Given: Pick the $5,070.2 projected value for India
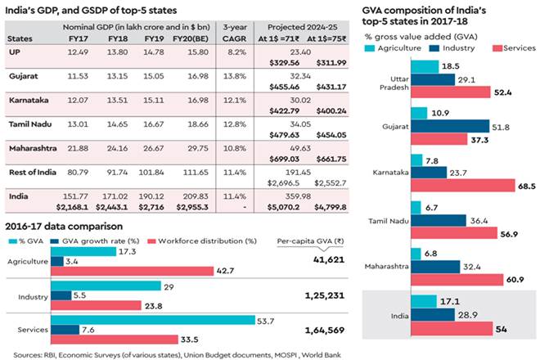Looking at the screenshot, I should point(280,208).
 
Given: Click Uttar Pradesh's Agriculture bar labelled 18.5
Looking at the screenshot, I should point(421,63).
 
